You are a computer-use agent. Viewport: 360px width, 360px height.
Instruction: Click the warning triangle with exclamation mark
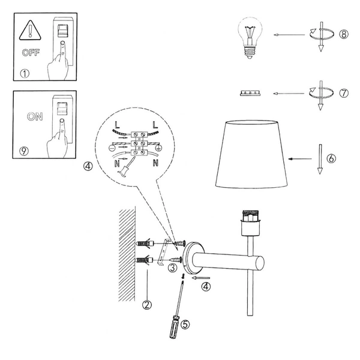tap(28, 29)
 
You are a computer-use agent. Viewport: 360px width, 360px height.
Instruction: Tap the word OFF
tap(31, 53)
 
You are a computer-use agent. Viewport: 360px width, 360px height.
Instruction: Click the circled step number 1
tap(24, 75)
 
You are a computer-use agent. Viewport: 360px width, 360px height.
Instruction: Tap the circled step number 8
tap(343, 34)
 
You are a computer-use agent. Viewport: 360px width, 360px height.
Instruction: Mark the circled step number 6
tap(331, 159)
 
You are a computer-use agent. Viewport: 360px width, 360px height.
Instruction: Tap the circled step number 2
tap(147, 304)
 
